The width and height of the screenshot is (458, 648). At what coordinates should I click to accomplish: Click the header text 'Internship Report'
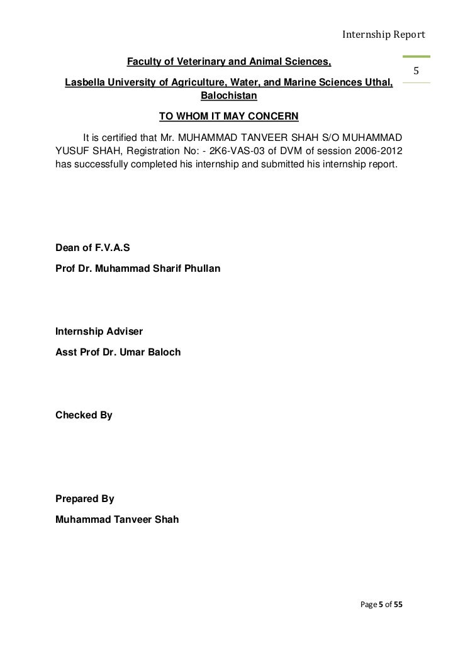pyautogui.click(x=384, y=34)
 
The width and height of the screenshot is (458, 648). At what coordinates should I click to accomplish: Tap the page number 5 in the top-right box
pyautogui.click(x=416, y=70)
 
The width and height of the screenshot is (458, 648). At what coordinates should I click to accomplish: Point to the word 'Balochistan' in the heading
pyautogui.click(x=229, y=97)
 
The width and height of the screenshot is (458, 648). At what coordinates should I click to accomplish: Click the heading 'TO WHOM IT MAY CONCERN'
pyautogui.click(x=228, y=116)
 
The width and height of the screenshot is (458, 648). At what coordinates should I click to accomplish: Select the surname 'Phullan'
pyautogui.click(x=201, y=269)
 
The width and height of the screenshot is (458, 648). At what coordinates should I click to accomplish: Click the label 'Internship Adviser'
pyautogui.click(x=99, y=331)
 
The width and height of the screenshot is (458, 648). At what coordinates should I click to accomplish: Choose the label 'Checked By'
pyautogui.click(x=84, y=415)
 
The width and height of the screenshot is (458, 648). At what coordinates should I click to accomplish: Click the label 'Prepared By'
pyautogui.click(x=85, y=499)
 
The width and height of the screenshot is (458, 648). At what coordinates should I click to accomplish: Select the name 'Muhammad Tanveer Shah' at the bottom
pyautogui.click(x=117, y=520)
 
